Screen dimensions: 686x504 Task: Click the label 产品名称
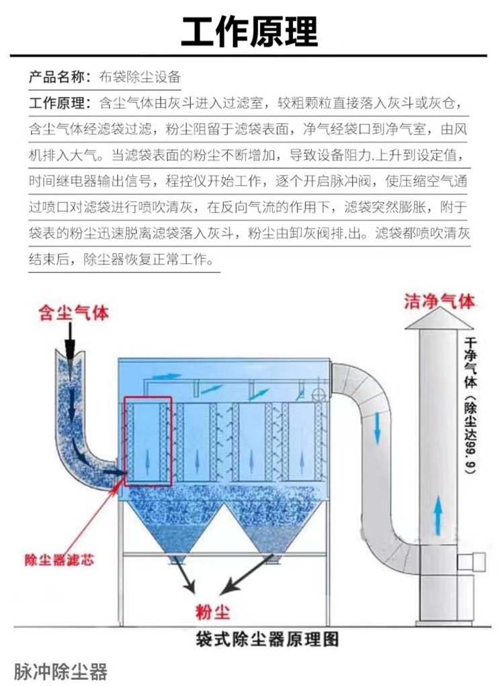[58, 76]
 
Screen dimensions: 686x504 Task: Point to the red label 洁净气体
[438, 301]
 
